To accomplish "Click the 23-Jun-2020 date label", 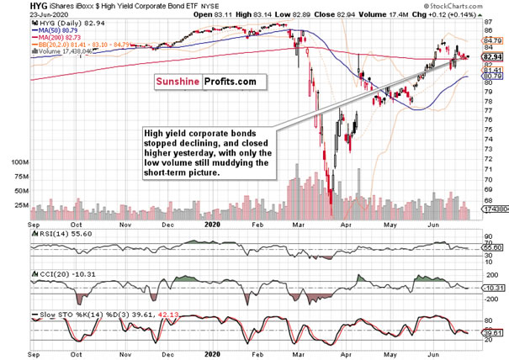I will coord(24,15).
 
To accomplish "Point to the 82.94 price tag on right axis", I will coord(492,57).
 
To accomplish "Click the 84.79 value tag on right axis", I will coord(492,40).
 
